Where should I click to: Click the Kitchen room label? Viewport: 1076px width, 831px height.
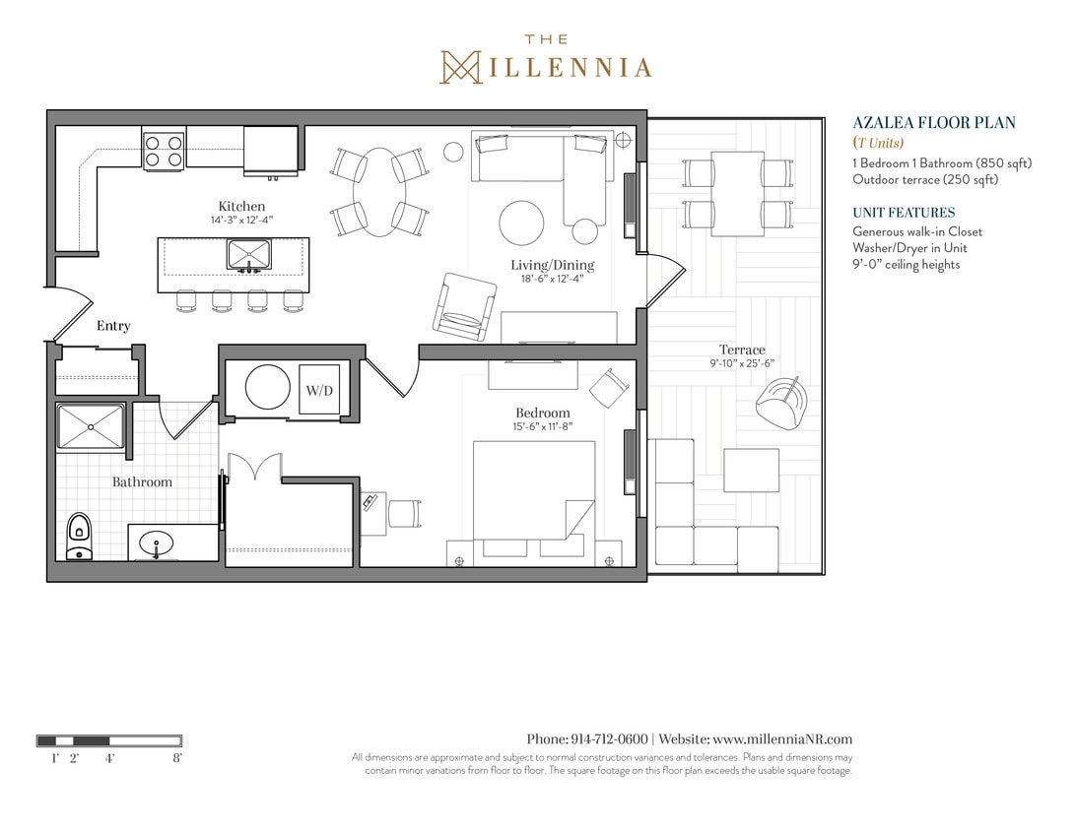(241, 206)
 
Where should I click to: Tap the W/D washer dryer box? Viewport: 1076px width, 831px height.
(318, 391)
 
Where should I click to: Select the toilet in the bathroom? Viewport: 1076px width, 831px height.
(79, 538)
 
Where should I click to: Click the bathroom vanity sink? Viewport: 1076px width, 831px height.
(157, 543)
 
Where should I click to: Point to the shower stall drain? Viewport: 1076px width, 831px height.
(91, 427)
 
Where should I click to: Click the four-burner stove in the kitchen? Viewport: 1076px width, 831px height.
(164, 150)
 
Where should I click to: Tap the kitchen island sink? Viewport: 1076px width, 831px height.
(249, 254)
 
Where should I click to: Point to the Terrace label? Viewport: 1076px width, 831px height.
(741, 350)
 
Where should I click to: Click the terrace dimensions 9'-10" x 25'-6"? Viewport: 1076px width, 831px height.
(741, 363)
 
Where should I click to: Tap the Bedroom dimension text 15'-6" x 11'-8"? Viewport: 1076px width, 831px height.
(542, 426)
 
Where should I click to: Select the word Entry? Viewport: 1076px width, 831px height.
(113, 326)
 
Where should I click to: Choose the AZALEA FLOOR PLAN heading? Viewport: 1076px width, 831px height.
(933, 123)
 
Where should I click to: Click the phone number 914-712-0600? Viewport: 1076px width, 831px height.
(609, 739)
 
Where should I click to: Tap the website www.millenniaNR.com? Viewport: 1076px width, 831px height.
(781, 739)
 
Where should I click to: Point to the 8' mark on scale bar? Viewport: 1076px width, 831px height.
(177, 758)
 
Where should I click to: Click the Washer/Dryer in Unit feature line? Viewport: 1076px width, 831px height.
(909, 248)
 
